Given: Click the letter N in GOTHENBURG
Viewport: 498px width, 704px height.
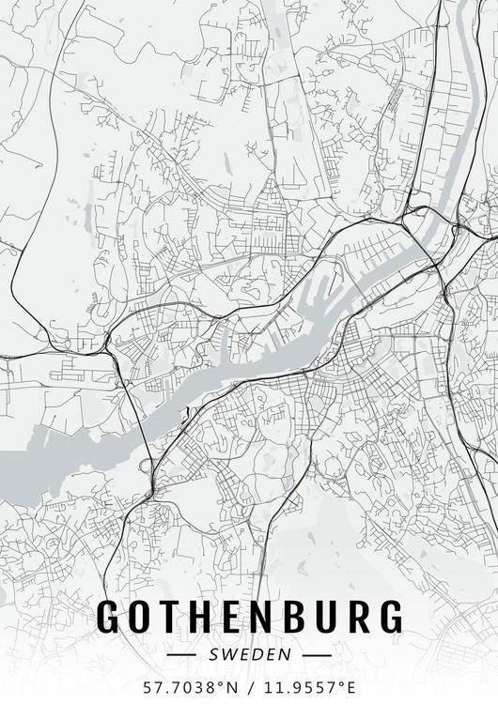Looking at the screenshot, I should tap(261, 616).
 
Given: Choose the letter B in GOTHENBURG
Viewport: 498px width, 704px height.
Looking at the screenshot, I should tap(293, 616).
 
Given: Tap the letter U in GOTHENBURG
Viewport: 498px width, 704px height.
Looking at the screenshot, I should tap(325, 616).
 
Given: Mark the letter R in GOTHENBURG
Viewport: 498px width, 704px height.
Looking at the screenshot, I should tap(357, 616).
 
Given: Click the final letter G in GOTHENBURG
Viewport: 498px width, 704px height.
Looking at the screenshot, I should tap(389, 616).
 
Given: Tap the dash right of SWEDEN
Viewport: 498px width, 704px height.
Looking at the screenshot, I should tap(318, 653).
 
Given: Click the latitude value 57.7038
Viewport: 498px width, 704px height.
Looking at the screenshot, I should tap(175, 687).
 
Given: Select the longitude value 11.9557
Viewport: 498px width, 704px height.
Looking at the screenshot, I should tap(297, 687).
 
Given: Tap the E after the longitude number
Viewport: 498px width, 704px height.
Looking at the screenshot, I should tap(350, 687).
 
